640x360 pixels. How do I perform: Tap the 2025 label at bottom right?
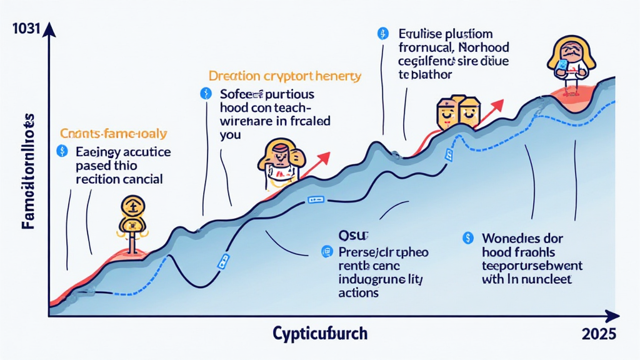tap(599, 334)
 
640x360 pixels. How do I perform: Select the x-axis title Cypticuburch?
tap(320, 333)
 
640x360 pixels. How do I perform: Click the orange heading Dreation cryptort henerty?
tap(285, 77)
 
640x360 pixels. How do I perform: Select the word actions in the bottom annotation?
tap(358, 292)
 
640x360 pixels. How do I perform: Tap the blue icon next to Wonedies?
tap(466, 238)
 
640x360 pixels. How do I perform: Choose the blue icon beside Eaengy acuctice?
tap(61, 151)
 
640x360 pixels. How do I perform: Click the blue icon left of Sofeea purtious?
tap(203, 94)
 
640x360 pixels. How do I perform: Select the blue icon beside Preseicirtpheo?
tap(325, 252)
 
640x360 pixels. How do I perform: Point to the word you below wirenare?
tap(230, 134)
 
